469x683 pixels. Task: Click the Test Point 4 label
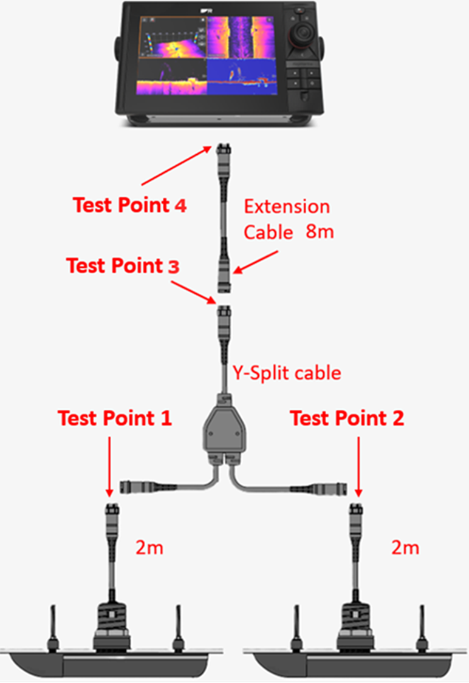129,205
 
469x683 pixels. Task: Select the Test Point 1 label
115,418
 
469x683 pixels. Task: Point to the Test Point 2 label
347,418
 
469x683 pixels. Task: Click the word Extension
287,206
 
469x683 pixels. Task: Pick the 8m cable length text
320,232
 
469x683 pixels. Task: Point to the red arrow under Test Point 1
109,464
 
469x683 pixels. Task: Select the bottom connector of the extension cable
223,280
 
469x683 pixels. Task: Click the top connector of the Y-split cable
223,318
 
